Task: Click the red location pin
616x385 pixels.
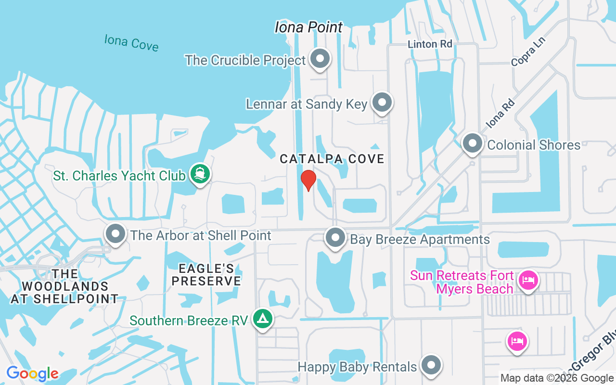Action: pyautogui.click(x=308, y=180)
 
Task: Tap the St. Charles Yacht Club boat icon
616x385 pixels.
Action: pyautogui.click(x=199, y=173)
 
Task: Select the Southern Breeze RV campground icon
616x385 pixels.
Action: pyautogui.click(x=262, y=319)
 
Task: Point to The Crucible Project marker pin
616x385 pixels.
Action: pyautogui.click(x=320, y=59)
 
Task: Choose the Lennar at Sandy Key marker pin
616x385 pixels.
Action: pyautogui.click(x=382, y=103)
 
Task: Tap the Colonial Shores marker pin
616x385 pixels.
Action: pyautogui.click(x=472, y=143)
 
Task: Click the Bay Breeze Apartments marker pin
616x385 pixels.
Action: pyautogui.click(x=335, y=238)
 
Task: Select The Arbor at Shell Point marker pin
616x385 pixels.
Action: pyautogui.click(x=115, y=234)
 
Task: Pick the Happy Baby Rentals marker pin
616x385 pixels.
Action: pyautogui.click(x=431, y=365)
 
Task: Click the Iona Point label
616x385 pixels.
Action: pyautogui.click(x=308, y=27)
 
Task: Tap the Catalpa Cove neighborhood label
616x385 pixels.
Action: pyautogui.click(x=332, y=159)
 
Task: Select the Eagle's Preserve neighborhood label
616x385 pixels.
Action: pyautogui.click(x=206, y=275)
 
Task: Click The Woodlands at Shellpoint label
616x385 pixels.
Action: pyautogui.click(x=64, y=286)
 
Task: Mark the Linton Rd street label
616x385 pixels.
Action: pyautogui.click(x=430, y=44)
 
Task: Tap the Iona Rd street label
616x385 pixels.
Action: pyautogui.click(x=500, y=114)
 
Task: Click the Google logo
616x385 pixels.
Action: pyautogui.click(x=32, y=373)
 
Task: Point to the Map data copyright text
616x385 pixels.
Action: pyautogui.click(x=557, y=378)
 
